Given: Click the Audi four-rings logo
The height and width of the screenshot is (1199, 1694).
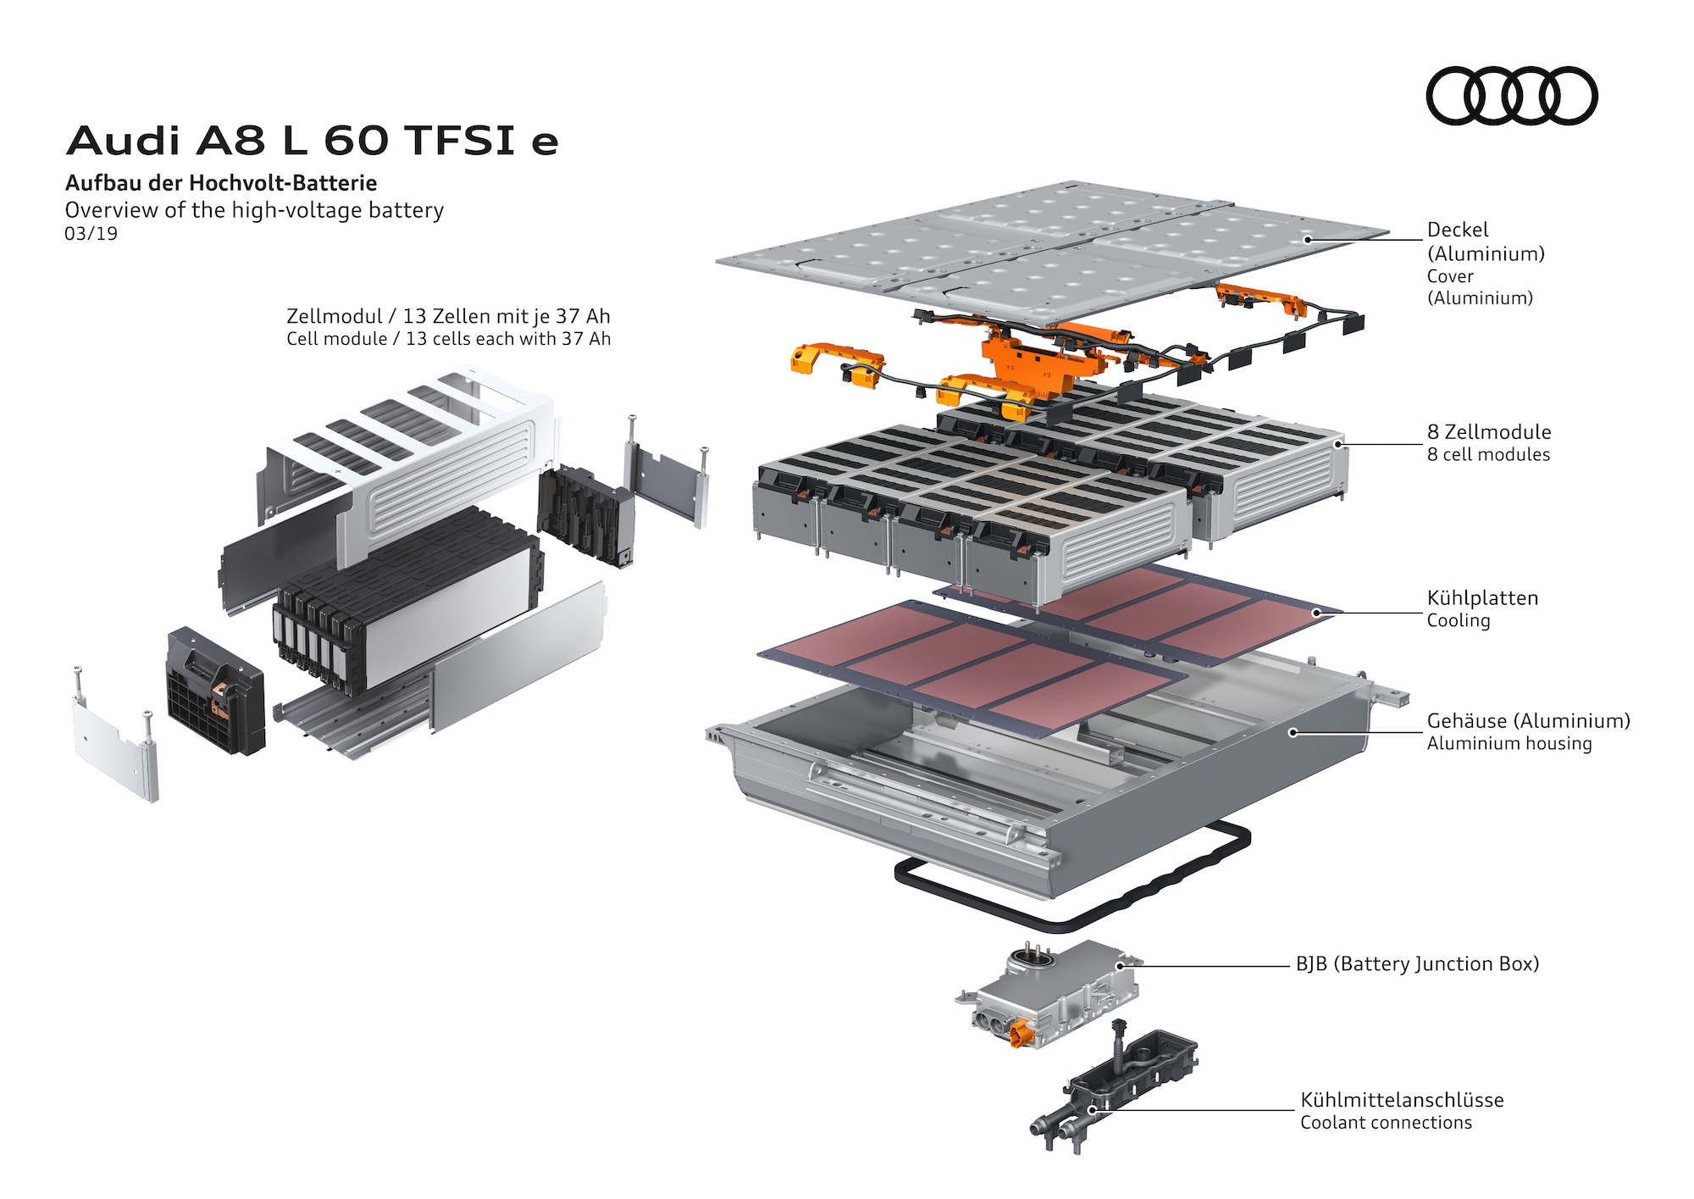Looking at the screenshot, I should click(1511, 96).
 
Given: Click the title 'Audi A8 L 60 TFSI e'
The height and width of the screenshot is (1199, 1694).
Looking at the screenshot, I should click(312, 141).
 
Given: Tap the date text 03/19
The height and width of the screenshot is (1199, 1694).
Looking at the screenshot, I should click(91, 234).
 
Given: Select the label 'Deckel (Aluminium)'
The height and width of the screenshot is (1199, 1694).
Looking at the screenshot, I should click(1485, 241).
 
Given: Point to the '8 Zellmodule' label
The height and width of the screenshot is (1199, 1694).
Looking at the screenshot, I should click(1488, 432).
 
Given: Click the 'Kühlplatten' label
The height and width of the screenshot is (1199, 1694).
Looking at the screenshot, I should click(1481, 598).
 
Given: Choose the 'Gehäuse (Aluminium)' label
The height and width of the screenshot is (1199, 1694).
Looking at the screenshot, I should click(1527, 721).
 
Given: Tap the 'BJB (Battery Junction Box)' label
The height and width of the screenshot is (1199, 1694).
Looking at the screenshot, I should click(1416, 964).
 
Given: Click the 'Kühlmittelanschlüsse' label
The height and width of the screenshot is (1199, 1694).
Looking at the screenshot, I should click(1402, 1101).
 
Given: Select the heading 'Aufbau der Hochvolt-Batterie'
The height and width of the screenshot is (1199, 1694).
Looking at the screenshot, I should click(221, 183).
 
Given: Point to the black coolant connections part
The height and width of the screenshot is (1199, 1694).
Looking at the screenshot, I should click(1118, 1085).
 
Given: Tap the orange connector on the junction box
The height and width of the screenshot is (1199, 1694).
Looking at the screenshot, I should click(1021, 1035).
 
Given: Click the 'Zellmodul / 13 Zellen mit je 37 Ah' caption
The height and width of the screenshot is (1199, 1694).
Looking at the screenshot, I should click(448, 317).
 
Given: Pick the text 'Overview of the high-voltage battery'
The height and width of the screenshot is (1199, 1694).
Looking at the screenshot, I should click(254, 210).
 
